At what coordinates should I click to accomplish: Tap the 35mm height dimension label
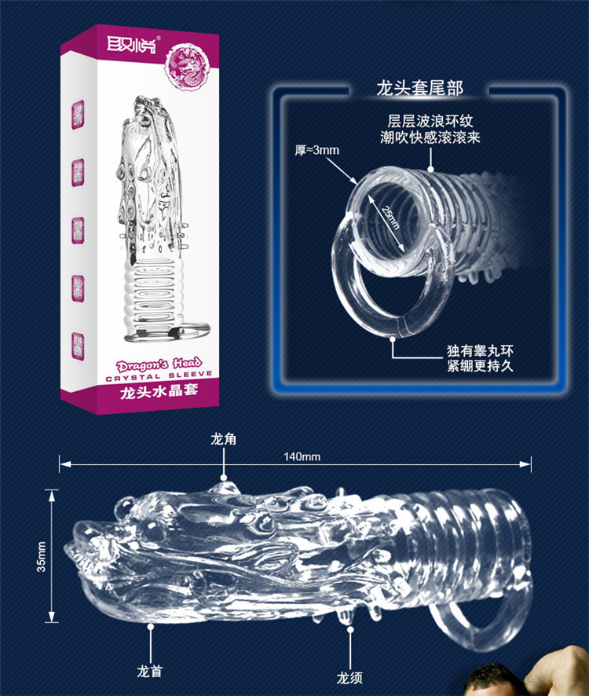click(x=41, y=555)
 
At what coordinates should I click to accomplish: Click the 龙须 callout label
click(x=348, y=675)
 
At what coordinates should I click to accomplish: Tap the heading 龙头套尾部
click(x=419, y=87)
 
